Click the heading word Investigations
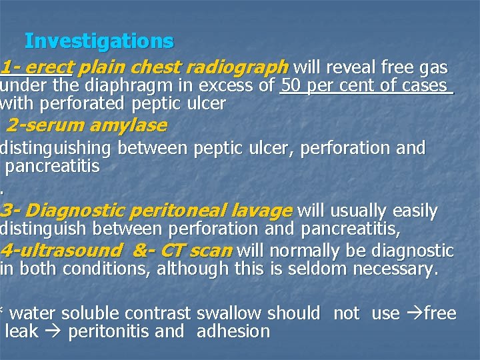[x=99, y=41]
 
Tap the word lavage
[x=260, y=211]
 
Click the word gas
[x=434, y=67]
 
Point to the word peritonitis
[x=109, y=331]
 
